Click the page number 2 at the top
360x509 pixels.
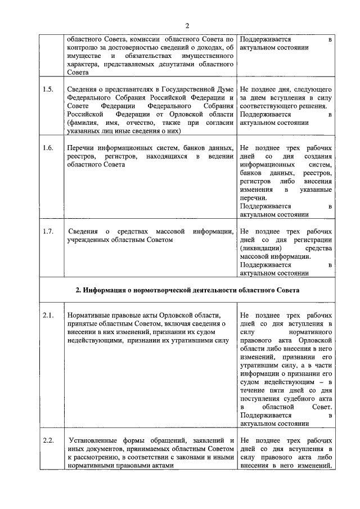point(187,25)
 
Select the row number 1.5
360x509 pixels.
point(48,89)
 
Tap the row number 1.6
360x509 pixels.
point(48,148)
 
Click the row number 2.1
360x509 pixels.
point(48,315)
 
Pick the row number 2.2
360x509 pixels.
point(48,440)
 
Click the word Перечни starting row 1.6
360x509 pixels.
point(80,148)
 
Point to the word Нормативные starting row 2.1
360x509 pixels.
point(88,315)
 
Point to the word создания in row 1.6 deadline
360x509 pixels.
point(318,156)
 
